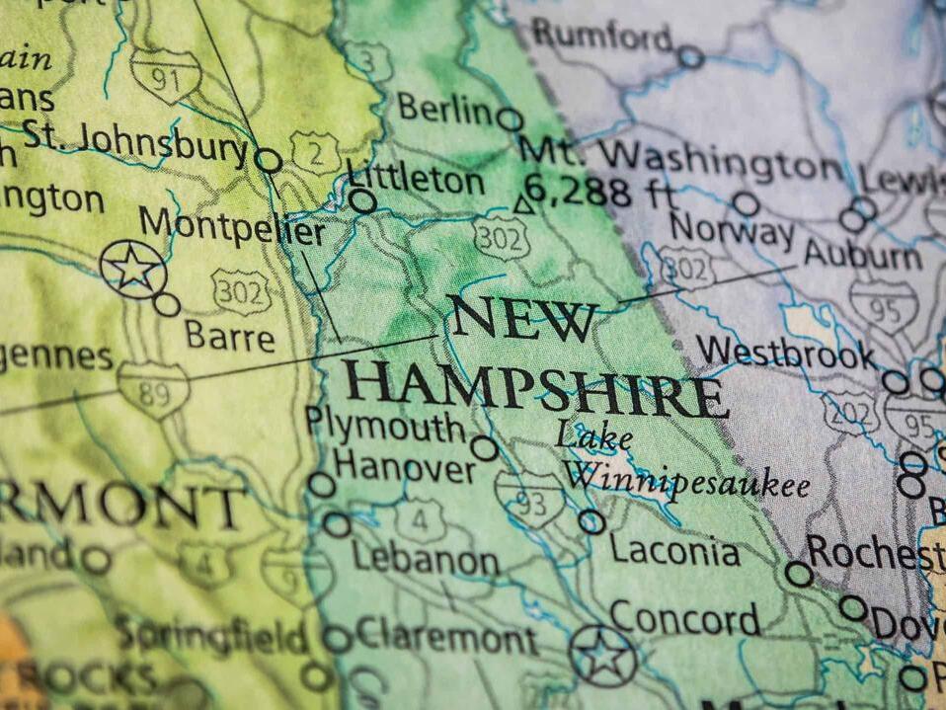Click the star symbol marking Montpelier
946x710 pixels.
(x=132, y=269)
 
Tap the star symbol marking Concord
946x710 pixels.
(x=602, y=655)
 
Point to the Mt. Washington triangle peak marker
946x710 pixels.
(x=524, y=205)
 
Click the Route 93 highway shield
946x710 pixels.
(x=530, y=499)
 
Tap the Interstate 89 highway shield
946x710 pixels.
(x=153, y=391)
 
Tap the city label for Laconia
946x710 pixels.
(x=674, y=550)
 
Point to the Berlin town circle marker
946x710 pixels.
(x=510, y=119)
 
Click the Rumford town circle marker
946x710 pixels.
(x=690, y=57)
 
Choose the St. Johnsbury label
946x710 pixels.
(x=134, y=143)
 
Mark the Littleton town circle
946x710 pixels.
(x=363, y=202)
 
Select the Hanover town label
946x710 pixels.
(x=405, y=465)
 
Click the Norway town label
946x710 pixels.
(x=731, y=232)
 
